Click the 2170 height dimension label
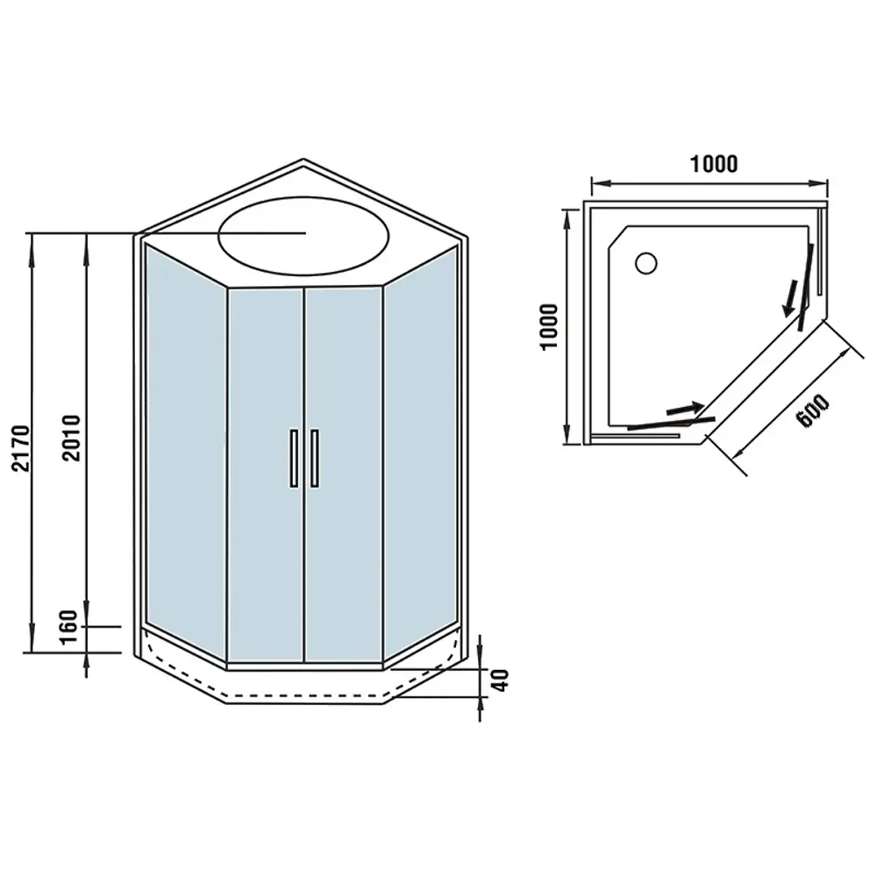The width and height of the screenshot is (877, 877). click(20, 448)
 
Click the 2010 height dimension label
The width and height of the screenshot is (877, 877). click(72, 438)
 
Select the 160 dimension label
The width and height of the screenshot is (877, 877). click(68, 627)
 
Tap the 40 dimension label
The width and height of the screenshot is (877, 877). click(502, 681)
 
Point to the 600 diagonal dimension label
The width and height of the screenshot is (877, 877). click(813, 411)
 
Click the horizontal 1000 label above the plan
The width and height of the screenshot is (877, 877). click(714, 164)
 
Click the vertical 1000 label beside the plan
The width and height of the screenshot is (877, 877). click(550, 326)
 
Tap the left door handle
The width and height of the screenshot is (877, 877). click(294, 458)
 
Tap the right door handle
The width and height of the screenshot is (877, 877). click(314, 458)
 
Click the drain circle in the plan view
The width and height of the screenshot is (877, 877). click(646, 263)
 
